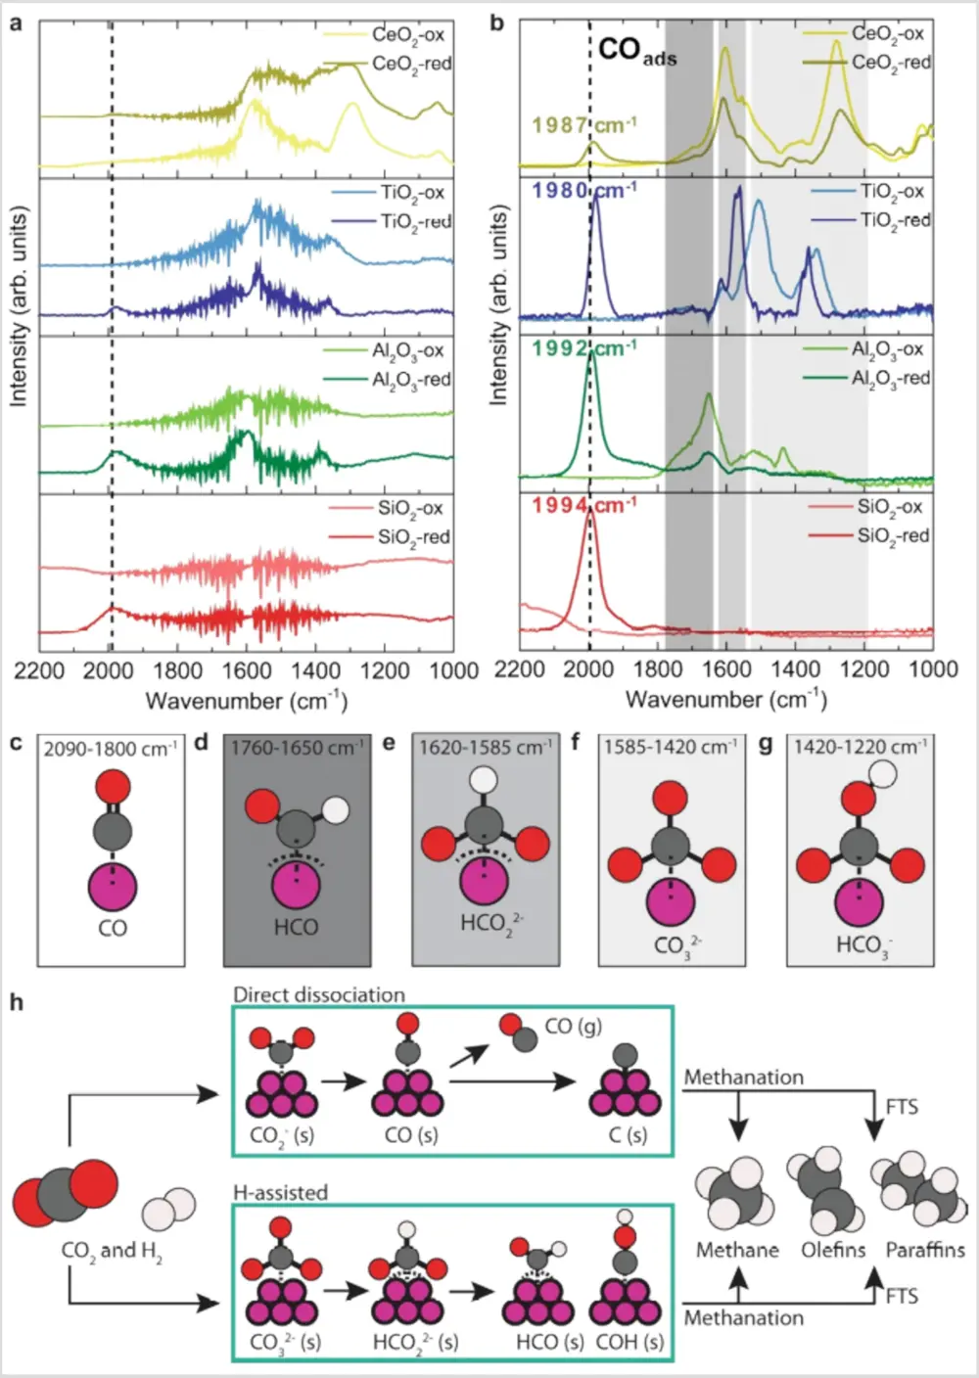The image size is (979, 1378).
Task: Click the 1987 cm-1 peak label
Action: (x=583, y=125)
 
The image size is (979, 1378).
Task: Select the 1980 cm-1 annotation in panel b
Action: (x=583, y=190)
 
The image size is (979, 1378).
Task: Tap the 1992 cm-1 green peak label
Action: (x=583, y=348)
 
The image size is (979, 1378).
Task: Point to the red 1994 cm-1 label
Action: (x=583, y=506)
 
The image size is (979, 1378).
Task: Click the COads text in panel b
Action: (x=636, y=50)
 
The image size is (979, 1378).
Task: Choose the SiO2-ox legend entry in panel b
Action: (x=893, y=507)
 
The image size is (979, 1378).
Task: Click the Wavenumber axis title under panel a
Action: (x=246, y=701)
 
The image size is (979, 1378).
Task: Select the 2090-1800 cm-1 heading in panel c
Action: (x=111, y=749)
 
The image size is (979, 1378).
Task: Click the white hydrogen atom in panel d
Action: (x=336, y=810)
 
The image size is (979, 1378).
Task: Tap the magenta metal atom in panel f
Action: (x=671, y=902)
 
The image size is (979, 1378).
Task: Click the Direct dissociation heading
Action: (x=318, y=995)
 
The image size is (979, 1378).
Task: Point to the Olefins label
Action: (x=833, y=1250)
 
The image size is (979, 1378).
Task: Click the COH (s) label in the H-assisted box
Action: (x=629, y=1342)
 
